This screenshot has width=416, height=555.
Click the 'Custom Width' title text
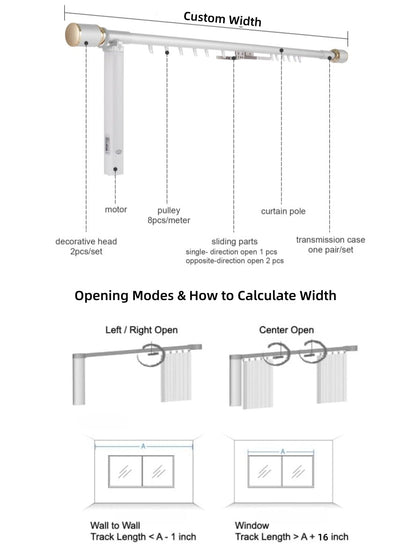tap(222, 20)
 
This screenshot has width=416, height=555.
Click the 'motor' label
tap(116, 210)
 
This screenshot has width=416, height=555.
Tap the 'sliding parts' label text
tap(234, 241)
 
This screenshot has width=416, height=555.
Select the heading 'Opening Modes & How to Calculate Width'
tap(207, 296)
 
